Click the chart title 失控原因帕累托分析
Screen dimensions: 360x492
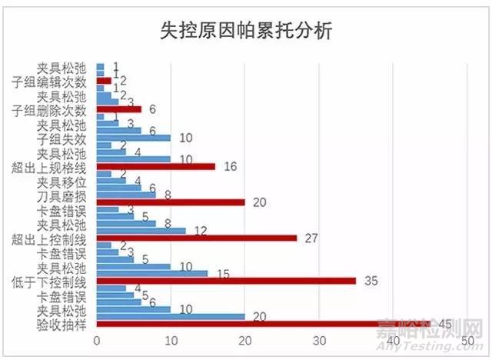246,32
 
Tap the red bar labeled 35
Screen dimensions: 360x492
226,281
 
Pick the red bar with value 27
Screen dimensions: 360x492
197,238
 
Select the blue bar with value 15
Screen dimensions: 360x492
152,273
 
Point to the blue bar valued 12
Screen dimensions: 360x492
141,230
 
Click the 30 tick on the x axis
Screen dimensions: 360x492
319,339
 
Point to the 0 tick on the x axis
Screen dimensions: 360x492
97,339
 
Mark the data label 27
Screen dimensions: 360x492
311,238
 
